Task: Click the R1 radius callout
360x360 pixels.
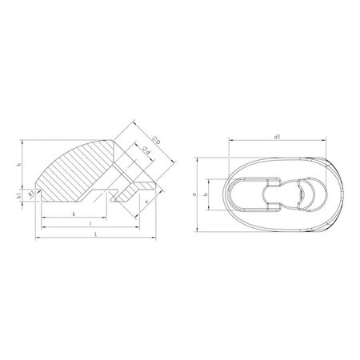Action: pyautogui.click(x=31, y=194)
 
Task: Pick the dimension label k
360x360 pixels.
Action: pyautogui.click(x=74, y=214)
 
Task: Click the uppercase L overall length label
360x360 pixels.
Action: pyautogui.click(x=96, y=234)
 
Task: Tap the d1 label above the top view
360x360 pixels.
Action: pyautogui.click(x=277, y=138)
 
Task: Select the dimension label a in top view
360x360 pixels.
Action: pyautogui.click(x=195, y=194)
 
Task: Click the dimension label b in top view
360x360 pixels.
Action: pyautogui.click(x=206, y=194)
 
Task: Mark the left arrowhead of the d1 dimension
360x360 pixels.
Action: pyautogui.click(x=230, y=142)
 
